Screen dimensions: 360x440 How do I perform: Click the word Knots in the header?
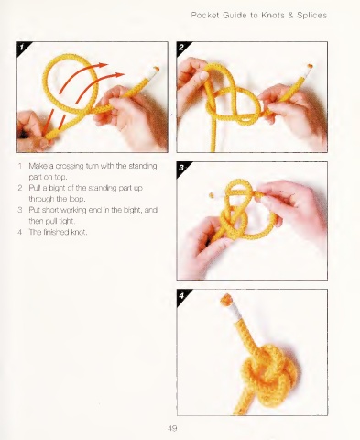273,15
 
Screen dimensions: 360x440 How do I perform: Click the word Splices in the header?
311,16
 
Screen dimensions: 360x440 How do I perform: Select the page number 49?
172,428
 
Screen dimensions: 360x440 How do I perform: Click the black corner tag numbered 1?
22,47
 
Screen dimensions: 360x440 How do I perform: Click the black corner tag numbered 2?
182,47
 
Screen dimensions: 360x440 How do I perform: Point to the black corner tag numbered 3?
182,167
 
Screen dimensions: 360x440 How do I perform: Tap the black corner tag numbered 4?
182,294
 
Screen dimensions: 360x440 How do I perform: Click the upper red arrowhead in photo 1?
104,65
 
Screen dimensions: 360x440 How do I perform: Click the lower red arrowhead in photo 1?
120,74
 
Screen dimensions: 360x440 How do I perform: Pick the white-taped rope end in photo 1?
152,72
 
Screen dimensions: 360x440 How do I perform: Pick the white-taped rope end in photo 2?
307,71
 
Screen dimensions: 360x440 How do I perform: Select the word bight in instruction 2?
57,188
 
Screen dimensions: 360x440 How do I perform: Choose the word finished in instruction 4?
55,232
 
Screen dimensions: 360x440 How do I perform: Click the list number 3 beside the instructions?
20,210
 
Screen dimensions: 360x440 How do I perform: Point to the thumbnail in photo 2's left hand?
203,75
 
